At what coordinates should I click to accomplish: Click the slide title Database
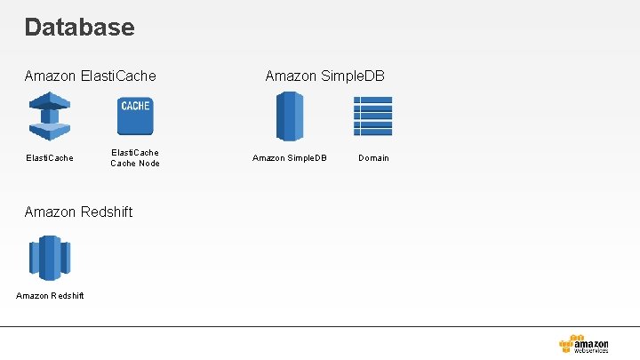80,28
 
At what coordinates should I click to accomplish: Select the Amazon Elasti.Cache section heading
91,76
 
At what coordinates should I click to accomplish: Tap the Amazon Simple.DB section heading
324,76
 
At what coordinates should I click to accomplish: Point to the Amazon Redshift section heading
79,212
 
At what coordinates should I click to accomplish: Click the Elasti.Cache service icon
49,117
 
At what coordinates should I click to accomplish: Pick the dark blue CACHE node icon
135,116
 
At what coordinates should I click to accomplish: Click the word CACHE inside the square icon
135,106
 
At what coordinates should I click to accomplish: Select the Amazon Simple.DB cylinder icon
290,116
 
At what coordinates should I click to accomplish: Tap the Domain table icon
372,116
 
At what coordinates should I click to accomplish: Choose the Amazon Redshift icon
49,258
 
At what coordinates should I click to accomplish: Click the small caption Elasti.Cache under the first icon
49,158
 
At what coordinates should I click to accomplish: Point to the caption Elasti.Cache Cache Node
135,158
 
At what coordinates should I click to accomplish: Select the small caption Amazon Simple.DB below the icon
290,158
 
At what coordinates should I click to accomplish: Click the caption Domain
373,158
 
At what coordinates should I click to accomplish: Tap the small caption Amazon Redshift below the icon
50,296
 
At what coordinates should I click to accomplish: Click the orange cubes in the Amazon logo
567,344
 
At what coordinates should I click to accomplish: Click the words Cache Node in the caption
135,164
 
